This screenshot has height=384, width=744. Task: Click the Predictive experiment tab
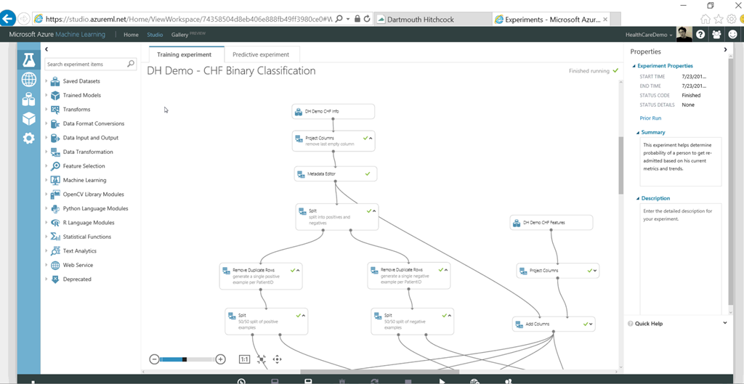tap(261, 54)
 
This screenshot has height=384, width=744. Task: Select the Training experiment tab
tap(185, 54)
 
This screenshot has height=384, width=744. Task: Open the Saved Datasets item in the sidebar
tap(81, 81)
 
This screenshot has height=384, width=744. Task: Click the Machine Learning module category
tap(84, 180)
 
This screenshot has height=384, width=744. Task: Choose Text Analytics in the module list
tap(80, 251)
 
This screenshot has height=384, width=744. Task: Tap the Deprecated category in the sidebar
tap(77, 279)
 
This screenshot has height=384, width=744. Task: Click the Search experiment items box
tap(86, 65)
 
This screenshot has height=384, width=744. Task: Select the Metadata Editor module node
tap(336, 174)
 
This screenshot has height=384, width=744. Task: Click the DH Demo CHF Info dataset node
tap(333, 112)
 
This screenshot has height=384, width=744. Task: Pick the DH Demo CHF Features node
tap(551, 222)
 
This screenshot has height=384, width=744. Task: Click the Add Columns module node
tap(554, 324)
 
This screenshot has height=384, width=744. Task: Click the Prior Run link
tap(650, 118)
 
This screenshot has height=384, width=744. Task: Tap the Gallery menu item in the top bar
tap(179, 35)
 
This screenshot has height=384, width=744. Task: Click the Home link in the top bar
tap(131, 35)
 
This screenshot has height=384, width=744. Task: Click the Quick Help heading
tap(649, 324)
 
